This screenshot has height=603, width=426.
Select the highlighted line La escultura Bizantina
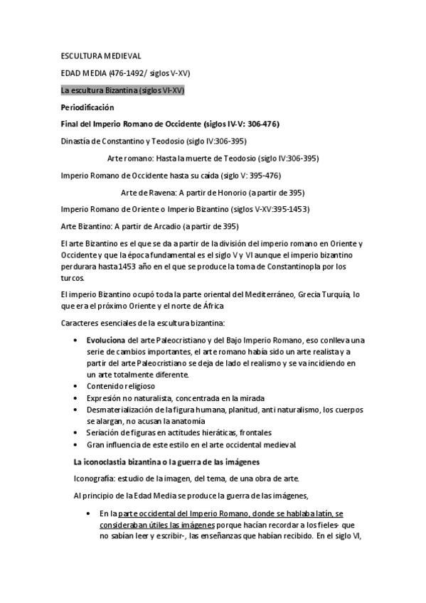123,90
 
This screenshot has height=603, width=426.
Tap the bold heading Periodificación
87,107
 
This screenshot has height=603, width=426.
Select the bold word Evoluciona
107,340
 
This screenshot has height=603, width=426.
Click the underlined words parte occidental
147,513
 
